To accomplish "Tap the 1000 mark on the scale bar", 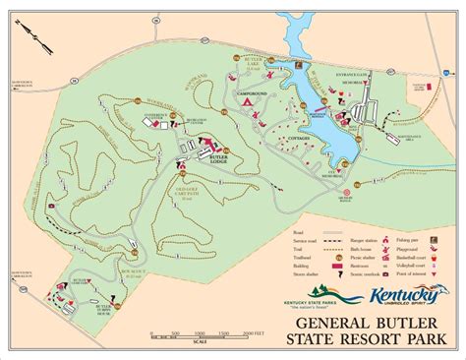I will coord(204,334).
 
